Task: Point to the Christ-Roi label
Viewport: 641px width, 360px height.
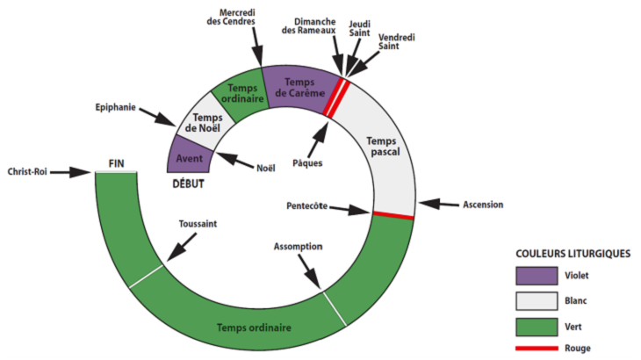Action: pyautogui.click(x=26, y=172)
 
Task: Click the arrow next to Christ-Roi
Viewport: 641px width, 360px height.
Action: pyautogui.click(x=71, y=172)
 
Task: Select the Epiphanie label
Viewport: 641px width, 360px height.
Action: pyautogui.click(x=117, y=108)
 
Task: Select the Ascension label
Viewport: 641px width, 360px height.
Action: pyautogui.click(x=483, y=205)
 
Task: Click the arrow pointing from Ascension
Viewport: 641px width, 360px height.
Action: pyautogui.click(x=436, y=204)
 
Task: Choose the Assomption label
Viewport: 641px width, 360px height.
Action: pyautogui.click(x=299, y=247)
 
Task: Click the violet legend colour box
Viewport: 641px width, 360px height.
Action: pyautogui.click(x=537, y=276)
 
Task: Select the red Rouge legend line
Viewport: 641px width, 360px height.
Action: pyautogui.click(x=537, y=349)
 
